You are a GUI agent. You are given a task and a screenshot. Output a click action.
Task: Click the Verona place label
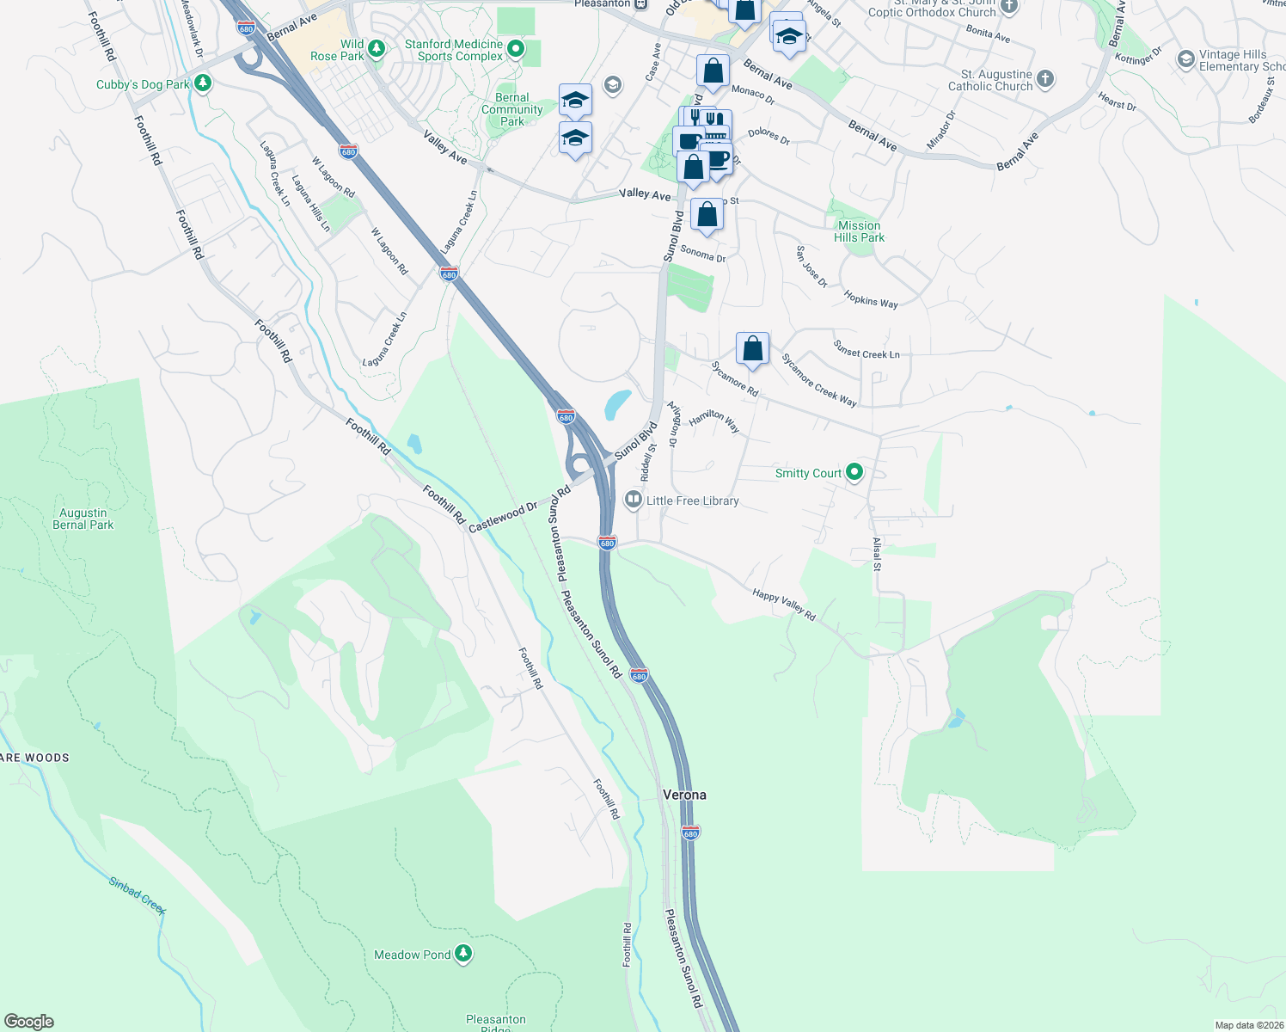(684, 795)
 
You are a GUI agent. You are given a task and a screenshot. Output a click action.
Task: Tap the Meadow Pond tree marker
(463, 953)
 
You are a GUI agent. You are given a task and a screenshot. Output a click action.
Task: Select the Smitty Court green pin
(854, 472)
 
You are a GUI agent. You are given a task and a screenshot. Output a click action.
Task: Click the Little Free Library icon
(634, 500)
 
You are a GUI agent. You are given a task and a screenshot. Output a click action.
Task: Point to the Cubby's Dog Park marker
(203, 83)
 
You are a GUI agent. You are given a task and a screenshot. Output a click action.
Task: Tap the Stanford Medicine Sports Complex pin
(516, 49)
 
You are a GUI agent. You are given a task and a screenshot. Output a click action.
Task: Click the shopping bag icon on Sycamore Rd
(752, 349)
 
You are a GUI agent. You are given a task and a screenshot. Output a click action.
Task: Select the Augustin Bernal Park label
(83, 519)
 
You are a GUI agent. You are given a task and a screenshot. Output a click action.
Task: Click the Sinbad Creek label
(138, 895)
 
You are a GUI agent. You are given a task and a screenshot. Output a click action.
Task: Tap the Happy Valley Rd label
(784, 605)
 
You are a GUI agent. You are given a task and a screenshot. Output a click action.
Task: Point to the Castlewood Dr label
(503, 517)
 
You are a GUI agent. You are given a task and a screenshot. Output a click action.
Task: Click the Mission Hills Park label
(859, 231)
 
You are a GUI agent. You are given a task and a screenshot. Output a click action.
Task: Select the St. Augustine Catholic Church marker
(1044, 80)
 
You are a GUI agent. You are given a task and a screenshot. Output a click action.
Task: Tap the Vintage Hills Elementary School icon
(1186, 59)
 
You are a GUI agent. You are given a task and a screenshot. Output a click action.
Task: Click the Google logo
(29, 1022)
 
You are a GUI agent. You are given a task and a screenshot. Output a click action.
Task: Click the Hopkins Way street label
(871, 299)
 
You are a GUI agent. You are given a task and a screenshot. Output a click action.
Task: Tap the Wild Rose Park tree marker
(376, 44)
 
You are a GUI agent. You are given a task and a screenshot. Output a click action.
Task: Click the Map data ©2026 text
(1249, 1025)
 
